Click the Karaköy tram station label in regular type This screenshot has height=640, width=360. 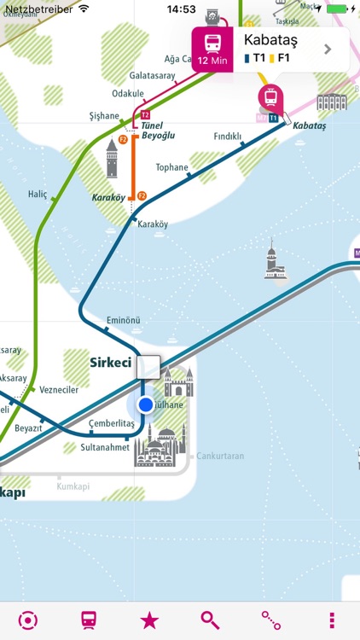click(x=153, y=224)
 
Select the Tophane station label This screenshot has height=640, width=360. click(x=172, y=167)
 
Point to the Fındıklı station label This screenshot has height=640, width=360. click(x=227, y=136)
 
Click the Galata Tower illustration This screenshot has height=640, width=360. click(x=112, y=159)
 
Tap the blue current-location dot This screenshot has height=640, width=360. click(x=146, y=404)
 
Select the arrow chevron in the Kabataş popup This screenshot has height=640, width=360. click(x=328, y=49)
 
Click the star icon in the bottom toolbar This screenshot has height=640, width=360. click(x=148, y=620)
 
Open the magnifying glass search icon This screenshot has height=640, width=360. click(x=210, y=620)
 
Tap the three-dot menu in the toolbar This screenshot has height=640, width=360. click(x=332, y=620)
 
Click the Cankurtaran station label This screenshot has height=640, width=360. click(x=220, y=456)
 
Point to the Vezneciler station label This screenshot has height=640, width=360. click(x=59, y=390)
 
